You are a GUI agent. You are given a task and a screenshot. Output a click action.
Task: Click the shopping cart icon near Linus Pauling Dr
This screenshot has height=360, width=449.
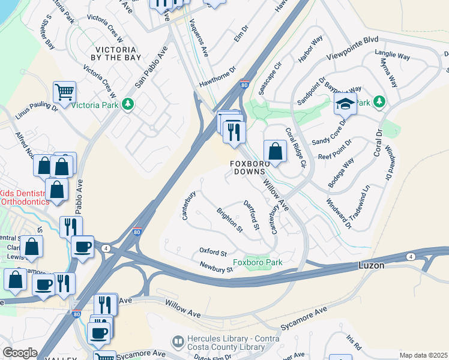point(64,92)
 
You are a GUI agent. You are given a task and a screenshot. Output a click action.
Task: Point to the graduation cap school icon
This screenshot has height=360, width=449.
point(345,104)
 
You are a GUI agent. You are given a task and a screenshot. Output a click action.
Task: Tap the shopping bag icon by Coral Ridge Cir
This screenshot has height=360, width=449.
point(274,151)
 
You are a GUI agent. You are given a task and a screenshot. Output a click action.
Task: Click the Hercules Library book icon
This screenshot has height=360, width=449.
point(178,341)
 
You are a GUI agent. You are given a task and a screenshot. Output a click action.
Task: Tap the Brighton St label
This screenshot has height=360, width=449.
point(229,220)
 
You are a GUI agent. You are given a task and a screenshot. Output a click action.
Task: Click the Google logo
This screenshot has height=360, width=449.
point(20,353)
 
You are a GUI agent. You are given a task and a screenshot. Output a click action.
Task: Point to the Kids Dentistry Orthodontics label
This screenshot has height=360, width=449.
point(24,197)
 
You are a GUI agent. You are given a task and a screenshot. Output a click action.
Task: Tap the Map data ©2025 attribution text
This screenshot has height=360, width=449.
point(423,355)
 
